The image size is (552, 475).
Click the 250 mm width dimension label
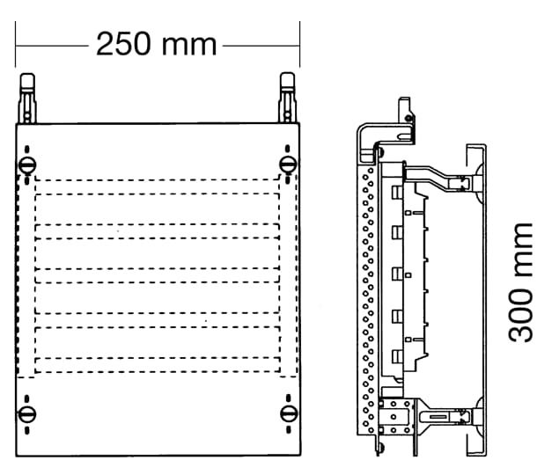pyautogui.click(x=156, y=44)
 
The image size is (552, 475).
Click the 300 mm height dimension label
pyautogui.click(x=520, y=282)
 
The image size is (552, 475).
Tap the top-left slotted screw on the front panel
pyautogui.click(x=27, y=164)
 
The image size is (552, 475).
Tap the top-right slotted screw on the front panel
pyautogui.click(x=288, y=164)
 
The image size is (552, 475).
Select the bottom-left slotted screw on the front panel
pyautogui.click(x=27, y=413)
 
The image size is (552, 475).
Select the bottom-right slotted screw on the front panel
pyautogui.click(x=289, y=413)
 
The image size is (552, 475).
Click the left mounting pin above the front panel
pyautogui.click(x=27, y=99)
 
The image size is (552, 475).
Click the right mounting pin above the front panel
pyautogui.click(x=287, y=98)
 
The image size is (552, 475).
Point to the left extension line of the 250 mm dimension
pyautogui.click(x=15, y=44)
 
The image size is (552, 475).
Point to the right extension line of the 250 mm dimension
pyautogui.click(x=299, y=44)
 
